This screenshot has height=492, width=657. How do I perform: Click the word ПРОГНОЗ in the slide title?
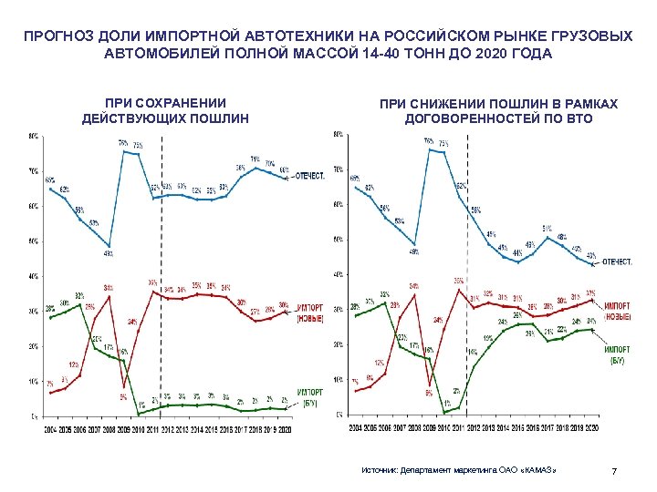[56, 36]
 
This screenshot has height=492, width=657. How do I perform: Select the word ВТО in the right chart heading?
[577, 118]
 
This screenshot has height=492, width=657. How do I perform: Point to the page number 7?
[614, 471]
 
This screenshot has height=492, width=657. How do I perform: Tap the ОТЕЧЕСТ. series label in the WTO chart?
[616, 261]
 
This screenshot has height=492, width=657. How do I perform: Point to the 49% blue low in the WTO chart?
[413, 251]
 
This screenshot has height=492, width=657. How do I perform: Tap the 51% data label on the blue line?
[547, 228]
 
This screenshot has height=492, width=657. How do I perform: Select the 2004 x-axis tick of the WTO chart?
[354, 427]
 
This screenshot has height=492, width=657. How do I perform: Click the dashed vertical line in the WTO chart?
[467, 273]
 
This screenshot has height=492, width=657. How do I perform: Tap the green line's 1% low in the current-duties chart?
[141, 405]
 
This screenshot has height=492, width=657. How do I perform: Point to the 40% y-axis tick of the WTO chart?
[337, 275]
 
